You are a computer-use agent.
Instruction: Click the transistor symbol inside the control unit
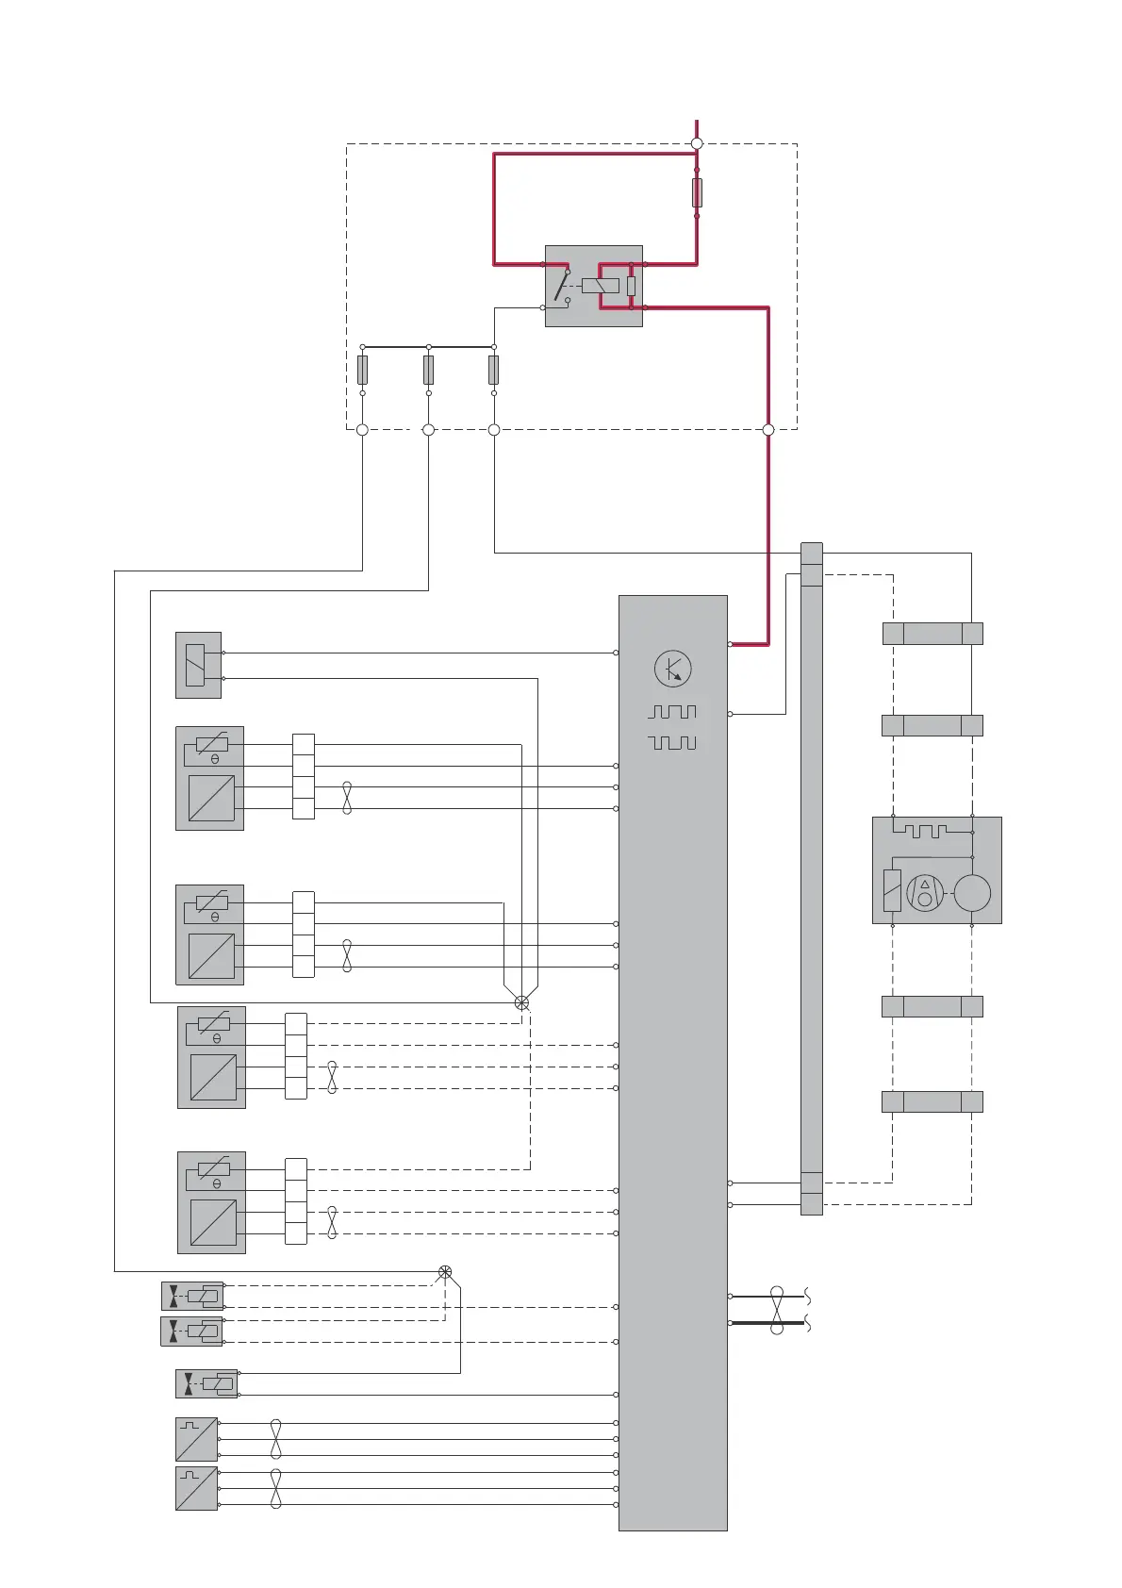pyautogui.click(x=672, y=669)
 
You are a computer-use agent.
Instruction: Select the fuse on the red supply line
pyautogui.click(x=697, y=192)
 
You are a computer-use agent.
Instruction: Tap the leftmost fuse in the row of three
pyautogui.click(x=362, y=370)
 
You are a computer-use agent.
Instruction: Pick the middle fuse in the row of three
pyautogui.click(x=428, y=370)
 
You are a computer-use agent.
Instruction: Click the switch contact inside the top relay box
pyautogui.click(x=563, y=286)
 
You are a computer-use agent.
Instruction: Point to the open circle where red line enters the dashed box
pyautogui.click(x=697, y=143)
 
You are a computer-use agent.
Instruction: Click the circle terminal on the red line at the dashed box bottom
pyautogui.click(x=768, y=430)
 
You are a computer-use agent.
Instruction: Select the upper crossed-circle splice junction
pyautogui.click(x=521, y=1003)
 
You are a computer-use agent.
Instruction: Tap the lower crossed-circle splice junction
pyautogui.click(x=445, y=1272)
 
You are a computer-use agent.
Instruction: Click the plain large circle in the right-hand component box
pyautogui.click(x=972, y=893)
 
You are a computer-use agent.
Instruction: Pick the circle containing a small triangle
pyautogui.click(x=925, y=893)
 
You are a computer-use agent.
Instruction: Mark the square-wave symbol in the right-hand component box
pyautogui.click(x=919, y=831)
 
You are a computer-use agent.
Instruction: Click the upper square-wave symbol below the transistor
pyautogui.click(x=672, y=712)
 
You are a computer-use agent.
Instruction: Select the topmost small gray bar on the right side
pyautogui.click(x=932, y=634)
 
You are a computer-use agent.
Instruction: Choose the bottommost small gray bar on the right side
pyautogui.click(x=932, y=1101)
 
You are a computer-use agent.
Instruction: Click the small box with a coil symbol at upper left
pyautogui.click(x=198, y=665)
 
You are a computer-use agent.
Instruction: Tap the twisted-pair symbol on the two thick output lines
pyautogui.click(x=777, y=1310)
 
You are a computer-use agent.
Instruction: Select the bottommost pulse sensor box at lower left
pyautogui.click(x=197, y=1489)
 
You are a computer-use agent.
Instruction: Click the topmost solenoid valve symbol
pyautogui.click(x=192, y=1296)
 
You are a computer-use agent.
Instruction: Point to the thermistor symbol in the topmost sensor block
pyautogui.click(x=212, y=744)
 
